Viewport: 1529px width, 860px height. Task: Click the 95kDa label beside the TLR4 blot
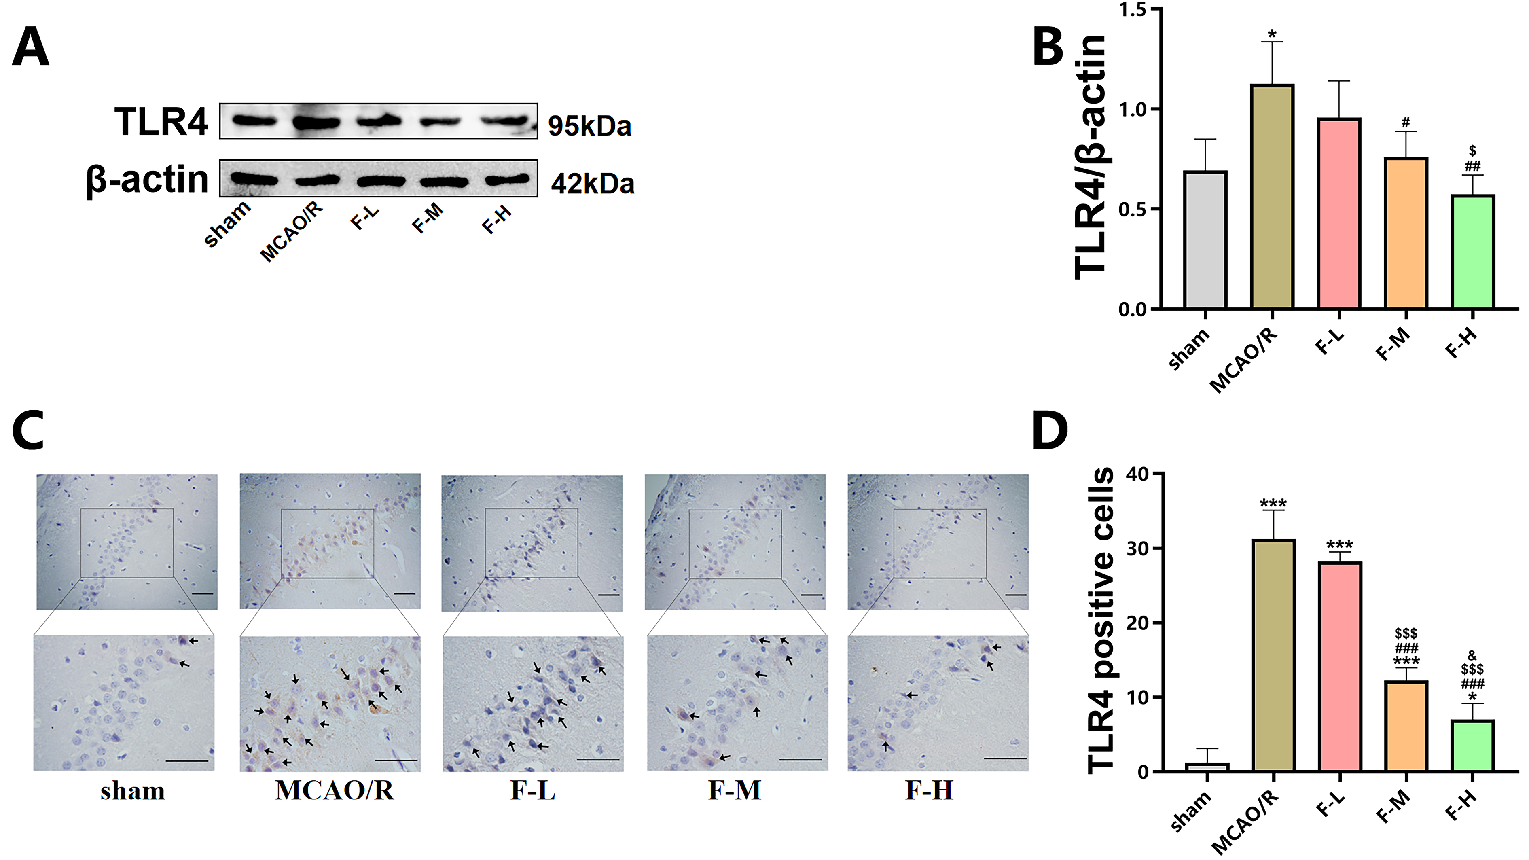[589, 126]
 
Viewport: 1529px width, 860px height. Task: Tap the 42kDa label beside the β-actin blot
[592, 183]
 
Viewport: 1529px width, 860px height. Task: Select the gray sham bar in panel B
[1205, 240]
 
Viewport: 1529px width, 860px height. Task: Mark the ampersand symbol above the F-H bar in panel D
[1472, 655]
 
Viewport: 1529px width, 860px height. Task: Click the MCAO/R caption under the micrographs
[334, 790]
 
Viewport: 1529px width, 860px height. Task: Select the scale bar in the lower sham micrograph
[187, 761]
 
